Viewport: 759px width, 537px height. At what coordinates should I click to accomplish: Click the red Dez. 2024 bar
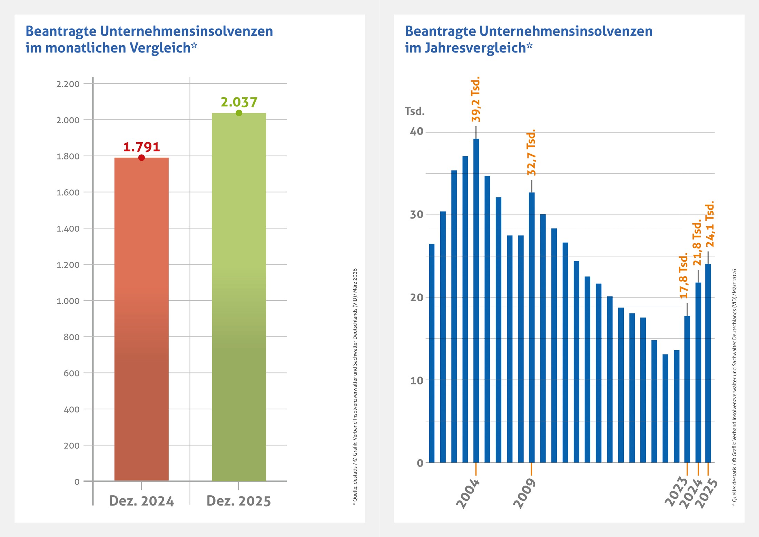(x=141, y=319)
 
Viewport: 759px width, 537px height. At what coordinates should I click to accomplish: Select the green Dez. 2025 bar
(x=239, y=297)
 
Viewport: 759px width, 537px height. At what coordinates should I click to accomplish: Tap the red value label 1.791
(x=141, y=147)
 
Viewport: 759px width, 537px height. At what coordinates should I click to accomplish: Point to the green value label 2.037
(x=239, y=102)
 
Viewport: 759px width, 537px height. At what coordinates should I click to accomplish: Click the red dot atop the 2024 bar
(x=141, y=158)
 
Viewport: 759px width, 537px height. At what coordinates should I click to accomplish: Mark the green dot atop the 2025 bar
(x=239, y=113)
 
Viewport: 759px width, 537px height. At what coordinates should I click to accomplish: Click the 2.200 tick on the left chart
(x=68, y=84)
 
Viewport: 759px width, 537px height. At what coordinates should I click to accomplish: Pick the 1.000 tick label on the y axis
(x=68, y=301)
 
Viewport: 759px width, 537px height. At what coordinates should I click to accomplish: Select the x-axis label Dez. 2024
(x=141, y=501)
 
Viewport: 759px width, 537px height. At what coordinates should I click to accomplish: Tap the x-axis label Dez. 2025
(x=239, y=501)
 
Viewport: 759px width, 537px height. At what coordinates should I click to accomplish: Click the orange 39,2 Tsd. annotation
(x=476, y=99)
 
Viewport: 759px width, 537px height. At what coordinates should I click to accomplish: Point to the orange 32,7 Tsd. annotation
(x=531, y=153)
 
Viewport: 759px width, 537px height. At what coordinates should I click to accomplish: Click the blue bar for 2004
(x=476, y=300)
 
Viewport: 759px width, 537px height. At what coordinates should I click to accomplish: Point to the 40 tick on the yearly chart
(x=416, y=131)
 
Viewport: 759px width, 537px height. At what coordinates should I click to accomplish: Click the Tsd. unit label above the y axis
(x=415, y=111)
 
